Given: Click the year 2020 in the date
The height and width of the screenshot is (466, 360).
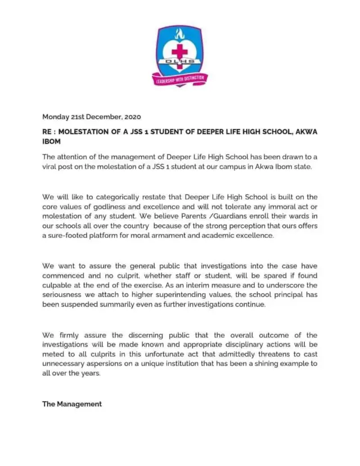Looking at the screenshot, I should click(x=130, y=117).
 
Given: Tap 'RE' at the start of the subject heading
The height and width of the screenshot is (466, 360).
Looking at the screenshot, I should click(x=48, y=132).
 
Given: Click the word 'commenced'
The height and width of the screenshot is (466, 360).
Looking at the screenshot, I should click(x=64, y=276).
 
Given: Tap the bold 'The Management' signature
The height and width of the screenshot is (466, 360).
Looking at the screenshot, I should click(x=72, y=404).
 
